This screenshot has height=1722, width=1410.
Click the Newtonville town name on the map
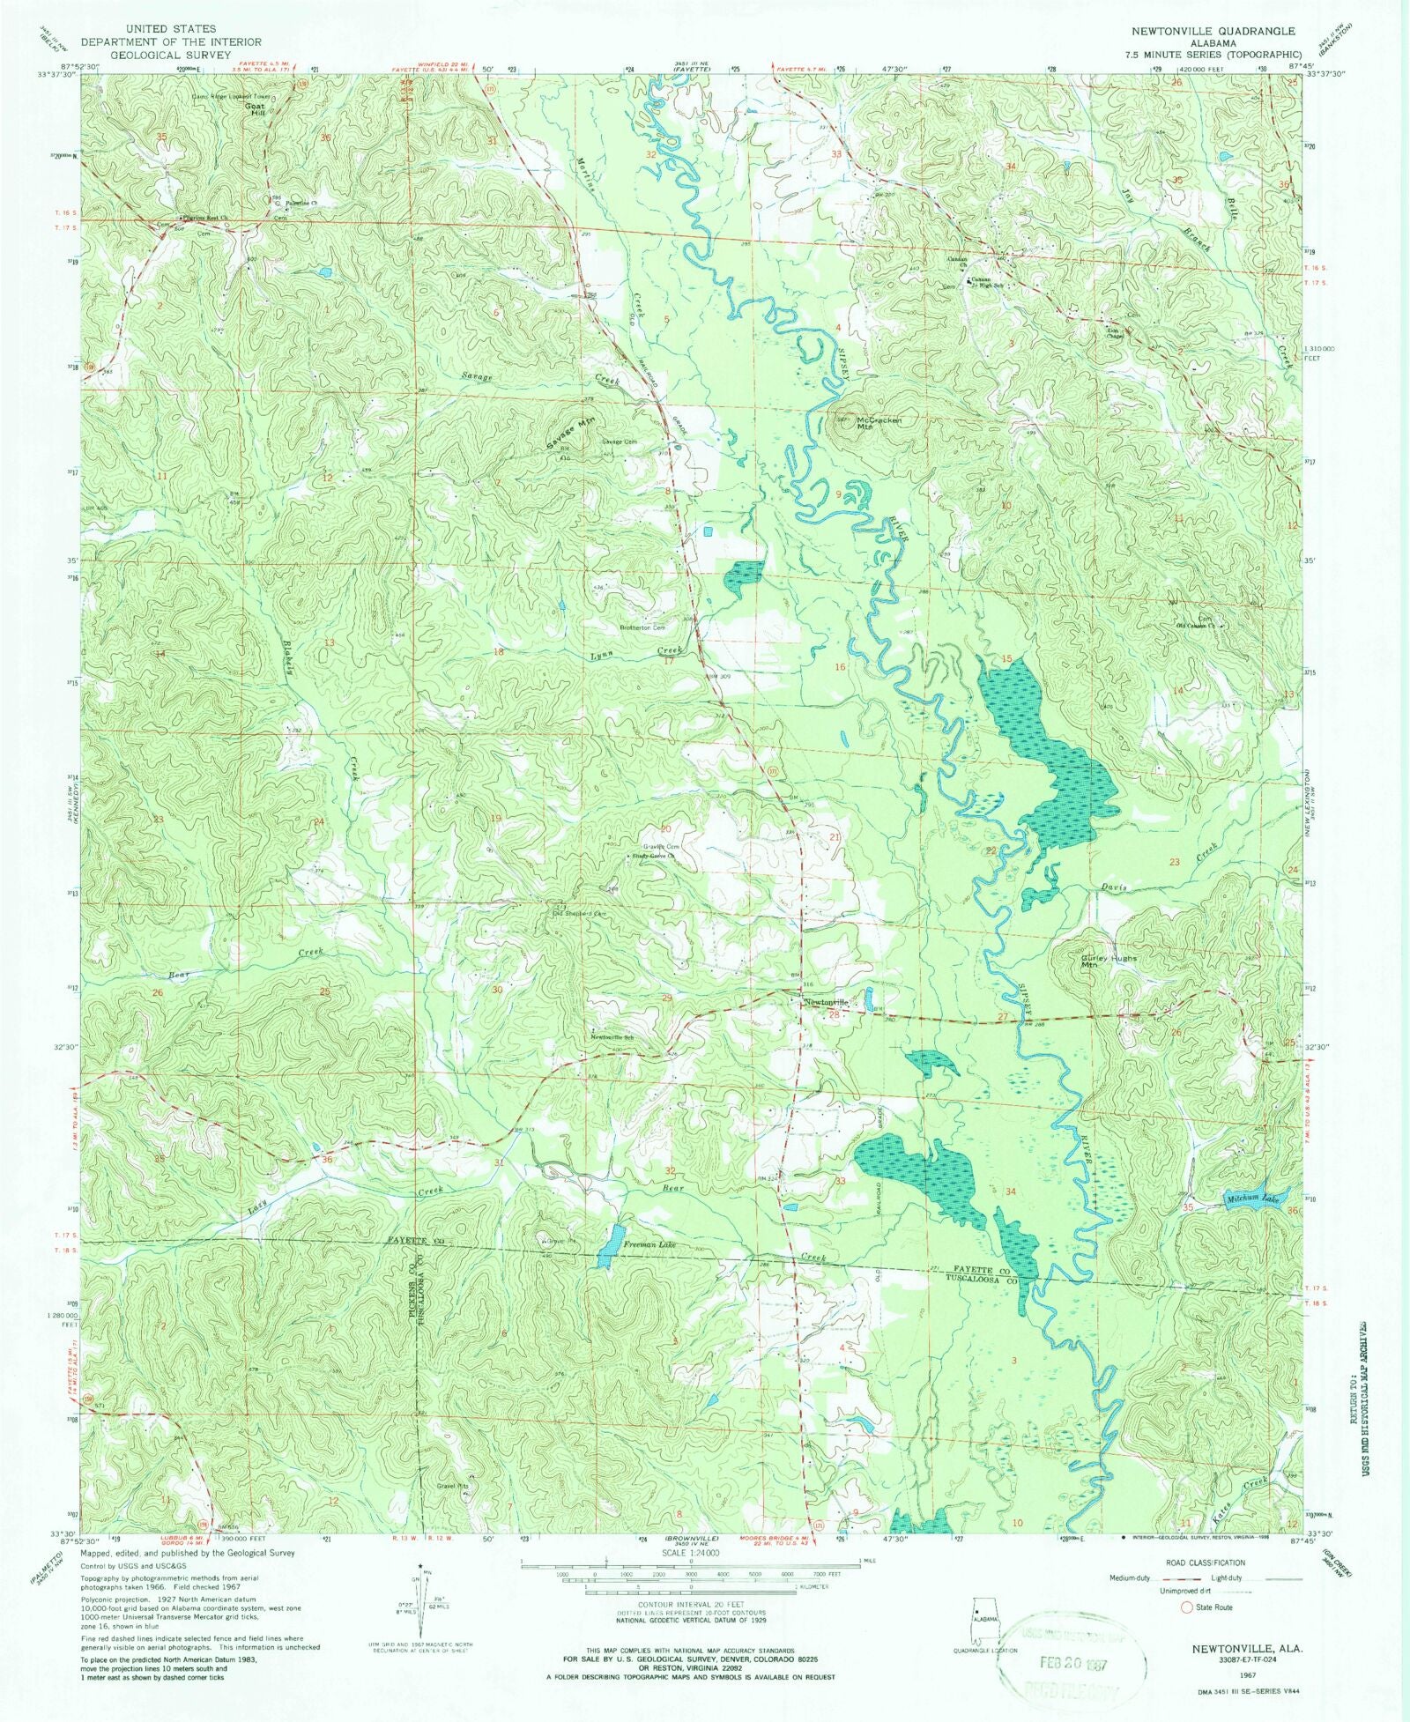825,1002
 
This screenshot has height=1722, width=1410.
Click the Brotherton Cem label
641,627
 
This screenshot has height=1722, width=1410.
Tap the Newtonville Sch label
612,1038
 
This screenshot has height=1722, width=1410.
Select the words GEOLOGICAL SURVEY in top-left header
157,55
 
